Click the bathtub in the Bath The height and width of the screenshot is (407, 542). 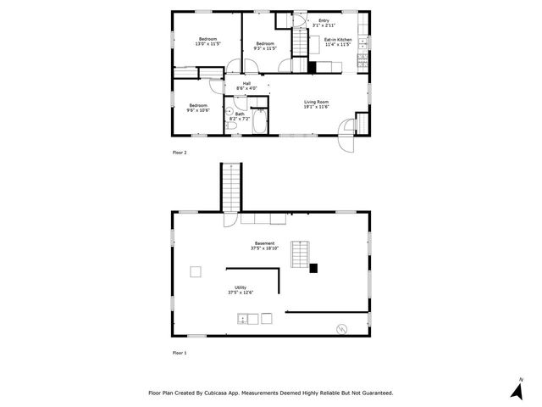click(x=260, y=123)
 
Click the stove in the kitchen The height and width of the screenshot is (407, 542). click(x=362, y=59)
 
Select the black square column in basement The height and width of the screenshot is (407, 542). click(x=312, y=269)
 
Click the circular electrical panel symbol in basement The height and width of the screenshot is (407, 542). click(x=341, y=327)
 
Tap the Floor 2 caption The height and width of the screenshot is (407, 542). click(x=179, y=153)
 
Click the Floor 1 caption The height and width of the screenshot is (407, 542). click(x=179, y=352)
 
